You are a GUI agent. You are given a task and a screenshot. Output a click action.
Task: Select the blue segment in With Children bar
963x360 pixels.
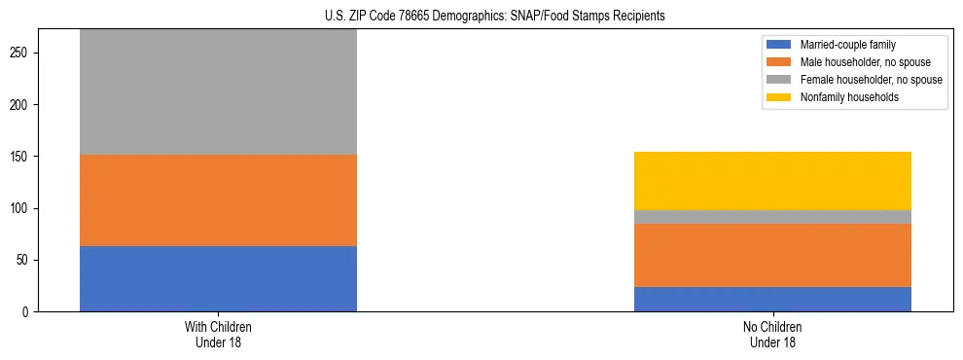point(218,278)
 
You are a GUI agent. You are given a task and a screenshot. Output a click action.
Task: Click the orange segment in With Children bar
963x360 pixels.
point(218,200)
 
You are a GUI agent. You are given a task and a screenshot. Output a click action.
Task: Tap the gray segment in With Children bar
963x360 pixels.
point(218,91)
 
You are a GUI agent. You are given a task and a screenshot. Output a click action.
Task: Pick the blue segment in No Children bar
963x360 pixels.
point(772,299)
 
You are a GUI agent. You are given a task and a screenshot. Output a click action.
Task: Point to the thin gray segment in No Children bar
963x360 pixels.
point(772,217)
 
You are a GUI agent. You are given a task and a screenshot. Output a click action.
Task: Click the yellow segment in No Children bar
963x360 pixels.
point(772,181)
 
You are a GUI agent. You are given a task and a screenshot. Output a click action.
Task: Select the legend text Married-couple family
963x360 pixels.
point(847,45)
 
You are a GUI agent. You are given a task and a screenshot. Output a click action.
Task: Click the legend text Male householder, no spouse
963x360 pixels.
point(863,62)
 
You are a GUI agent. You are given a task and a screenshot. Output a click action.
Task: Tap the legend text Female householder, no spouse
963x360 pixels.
point(871,80)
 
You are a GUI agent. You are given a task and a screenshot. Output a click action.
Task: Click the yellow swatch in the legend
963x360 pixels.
point(780,97)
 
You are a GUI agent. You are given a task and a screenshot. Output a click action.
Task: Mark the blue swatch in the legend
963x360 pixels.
point(780,45)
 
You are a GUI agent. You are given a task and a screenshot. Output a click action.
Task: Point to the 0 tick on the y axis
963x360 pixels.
point(29,312)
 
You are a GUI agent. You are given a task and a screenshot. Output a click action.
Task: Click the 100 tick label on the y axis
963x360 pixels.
point(23,208)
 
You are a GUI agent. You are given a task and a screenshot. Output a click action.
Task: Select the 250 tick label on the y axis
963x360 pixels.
point(23,53)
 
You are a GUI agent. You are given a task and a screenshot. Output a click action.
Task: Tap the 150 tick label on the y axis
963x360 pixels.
point(23,157)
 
